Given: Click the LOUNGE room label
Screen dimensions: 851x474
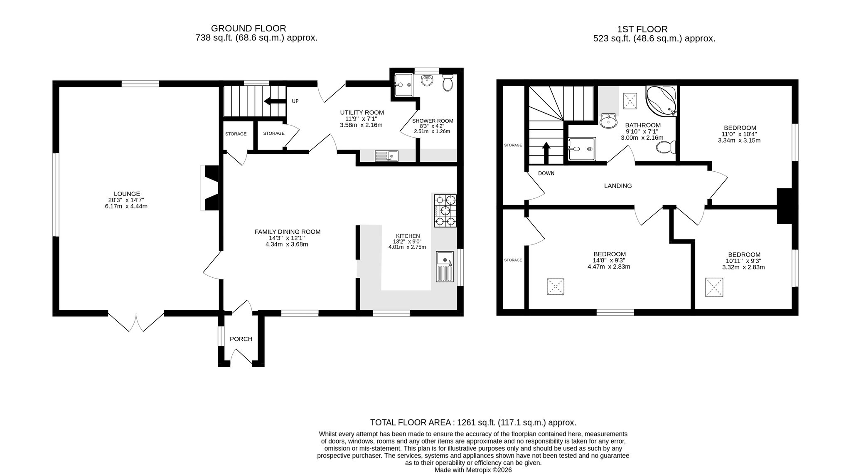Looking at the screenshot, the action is click(127, 194).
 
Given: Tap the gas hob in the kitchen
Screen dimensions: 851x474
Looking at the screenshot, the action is click(445, 211).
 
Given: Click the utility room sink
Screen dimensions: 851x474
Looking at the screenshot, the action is click(386, 156).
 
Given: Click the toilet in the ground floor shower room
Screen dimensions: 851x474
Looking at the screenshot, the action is click(448, 83).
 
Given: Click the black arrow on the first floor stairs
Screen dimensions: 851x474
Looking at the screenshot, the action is click(546, 153).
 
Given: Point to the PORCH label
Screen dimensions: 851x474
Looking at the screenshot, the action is click(241, 339).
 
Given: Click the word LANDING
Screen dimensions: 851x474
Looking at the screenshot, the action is click(618, 186).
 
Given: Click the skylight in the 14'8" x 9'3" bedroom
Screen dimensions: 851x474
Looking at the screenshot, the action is click(555, 287).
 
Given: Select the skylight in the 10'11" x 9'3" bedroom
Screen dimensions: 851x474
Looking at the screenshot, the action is click(714, 287).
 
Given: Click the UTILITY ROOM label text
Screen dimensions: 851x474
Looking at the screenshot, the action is click(362, 113).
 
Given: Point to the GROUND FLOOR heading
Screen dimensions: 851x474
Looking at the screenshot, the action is click(248, 28).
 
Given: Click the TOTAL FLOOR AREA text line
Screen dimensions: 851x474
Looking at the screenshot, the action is click(473, 423).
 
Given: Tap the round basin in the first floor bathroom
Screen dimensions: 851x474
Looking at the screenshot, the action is click(610, 121).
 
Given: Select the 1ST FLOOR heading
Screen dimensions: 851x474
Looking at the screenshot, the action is click(642, 29).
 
